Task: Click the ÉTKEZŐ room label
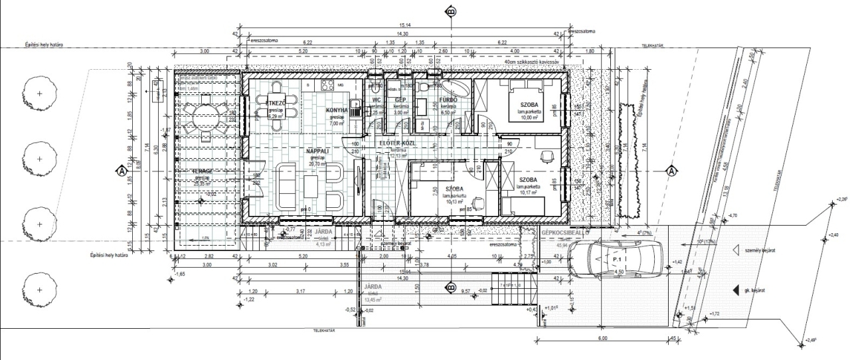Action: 276,104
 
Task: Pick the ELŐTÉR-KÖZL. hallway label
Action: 398,143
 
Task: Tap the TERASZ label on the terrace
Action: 201,171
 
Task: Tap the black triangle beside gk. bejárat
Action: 735,290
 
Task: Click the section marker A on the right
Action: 672,171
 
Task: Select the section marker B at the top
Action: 452,12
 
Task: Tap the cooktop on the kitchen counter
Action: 326,85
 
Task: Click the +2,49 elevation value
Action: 811,341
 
